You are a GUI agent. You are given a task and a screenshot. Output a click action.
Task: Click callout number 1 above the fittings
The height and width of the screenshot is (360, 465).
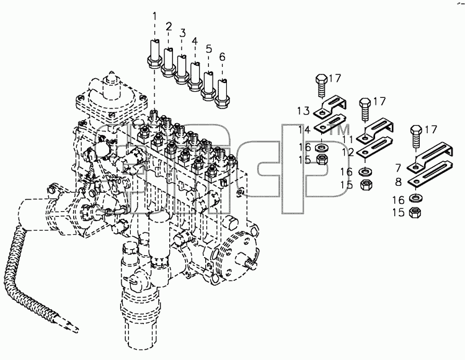154,16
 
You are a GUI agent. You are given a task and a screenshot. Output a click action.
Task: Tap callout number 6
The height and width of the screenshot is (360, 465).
222,56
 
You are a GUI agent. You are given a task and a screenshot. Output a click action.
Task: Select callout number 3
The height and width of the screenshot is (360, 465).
182,33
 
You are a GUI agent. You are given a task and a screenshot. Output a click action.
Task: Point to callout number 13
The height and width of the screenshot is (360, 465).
304,111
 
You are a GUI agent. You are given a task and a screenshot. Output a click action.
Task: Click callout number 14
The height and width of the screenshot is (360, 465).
304,130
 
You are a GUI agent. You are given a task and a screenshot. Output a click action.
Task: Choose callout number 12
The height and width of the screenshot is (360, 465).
348,152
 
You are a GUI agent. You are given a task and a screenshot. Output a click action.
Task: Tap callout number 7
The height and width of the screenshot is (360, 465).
398,168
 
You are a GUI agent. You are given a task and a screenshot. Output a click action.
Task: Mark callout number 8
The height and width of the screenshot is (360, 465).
398,182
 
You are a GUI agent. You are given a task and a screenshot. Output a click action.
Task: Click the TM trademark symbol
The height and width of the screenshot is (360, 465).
339,130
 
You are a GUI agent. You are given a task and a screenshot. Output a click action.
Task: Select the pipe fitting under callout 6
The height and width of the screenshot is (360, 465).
223,93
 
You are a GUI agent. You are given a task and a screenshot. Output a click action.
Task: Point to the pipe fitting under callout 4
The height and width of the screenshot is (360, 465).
195,76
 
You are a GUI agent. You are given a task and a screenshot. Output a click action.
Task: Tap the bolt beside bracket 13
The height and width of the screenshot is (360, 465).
321,86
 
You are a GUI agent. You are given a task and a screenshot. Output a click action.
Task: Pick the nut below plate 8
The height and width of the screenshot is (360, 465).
415,213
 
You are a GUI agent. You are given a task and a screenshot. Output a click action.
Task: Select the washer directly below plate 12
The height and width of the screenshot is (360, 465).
366,172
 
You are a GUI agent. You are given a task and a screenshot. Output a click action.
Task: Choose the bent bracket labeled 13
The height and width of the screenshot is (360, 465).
330,106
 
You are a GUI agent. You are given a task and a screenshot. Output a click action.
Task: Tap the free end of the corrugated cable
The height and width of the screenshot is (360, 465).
77,328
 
